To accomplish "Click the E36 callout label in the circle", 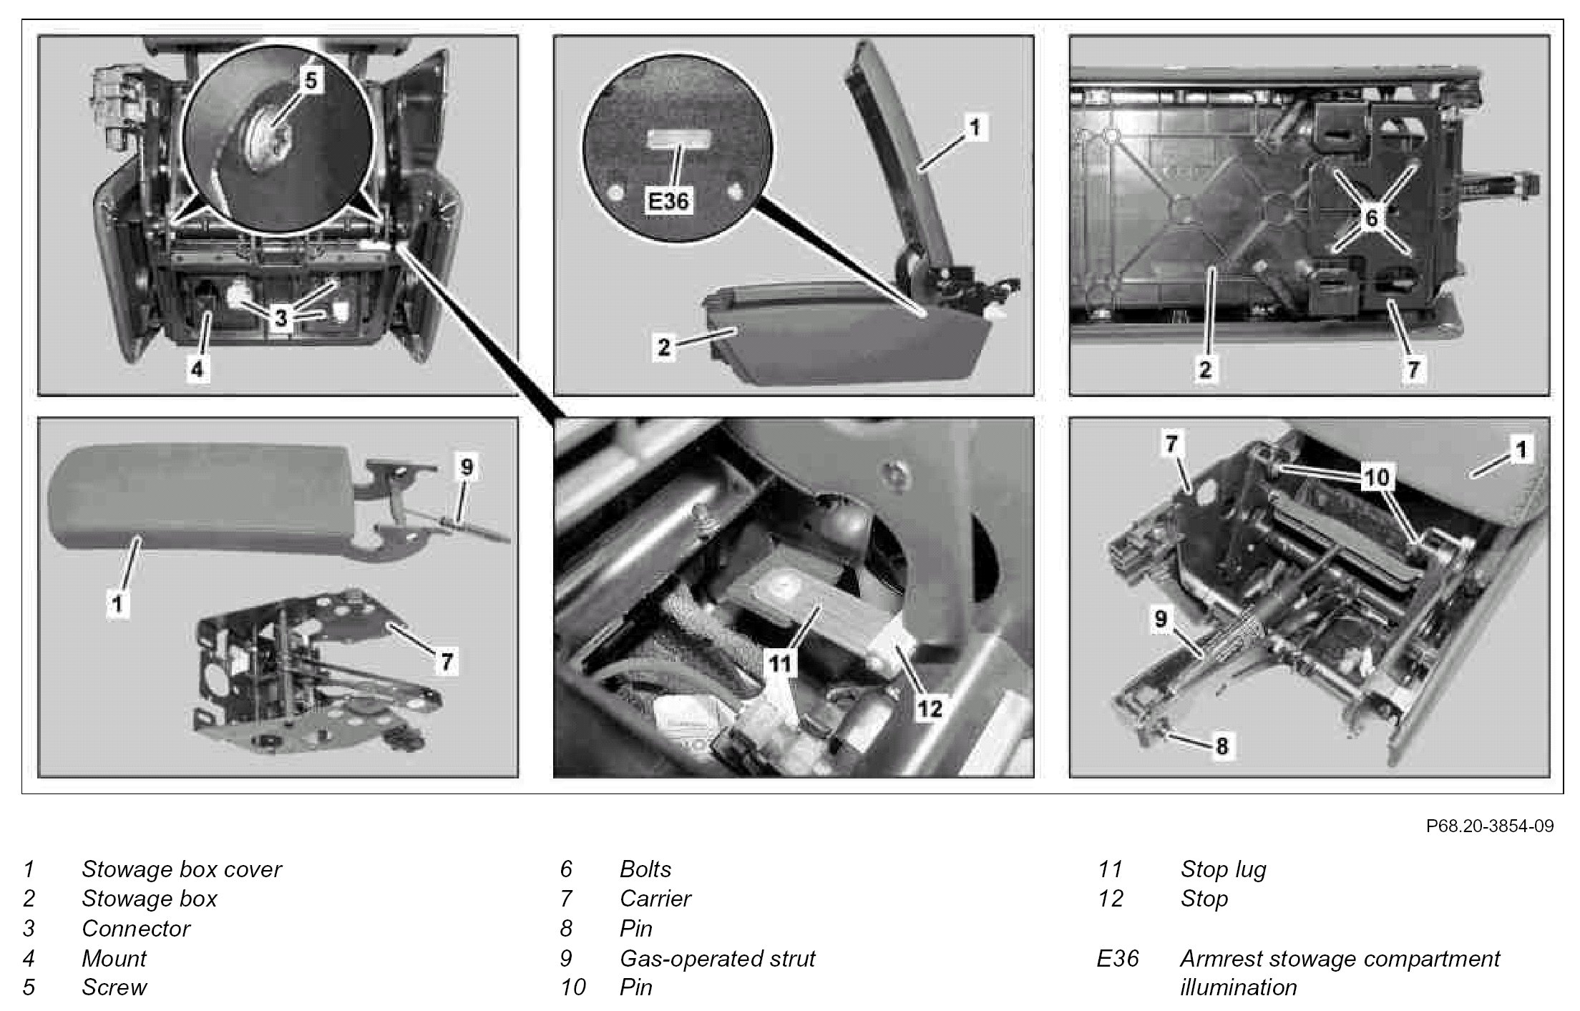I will coord(668,201).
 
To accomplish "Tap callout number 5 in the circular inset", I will coord(311,80).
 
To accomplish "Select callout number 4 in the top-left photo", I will coord(198,369).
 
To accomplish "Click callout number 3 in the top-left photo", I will coord(281,317).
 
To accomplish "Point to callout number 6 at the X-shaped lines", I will coord(1372,217).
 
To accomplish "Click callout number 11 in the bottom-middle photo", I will coord(779,663).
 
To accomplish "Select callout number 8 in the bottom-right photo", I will coord(1222,746).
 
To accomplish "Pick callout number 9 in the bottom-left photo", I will coord(467,468).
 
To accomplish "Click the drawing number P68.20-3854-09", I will coord(1490,826).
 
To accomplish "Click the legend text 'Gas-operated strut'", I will coord(717,958).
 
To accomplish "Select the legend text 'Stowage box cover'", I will coord(181,869).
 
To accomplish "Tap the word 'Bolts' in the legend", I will coord(645,869).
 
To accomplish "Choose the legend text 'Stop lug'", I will coord(1223,869).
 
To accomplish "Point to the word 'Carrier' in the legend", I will coord(655,899).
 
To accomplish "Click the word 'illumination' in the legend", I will coord(1238,987).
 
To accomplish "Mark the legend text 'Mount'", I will coord(114,958).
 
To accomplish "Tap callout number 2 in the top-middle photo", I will coord(664,348).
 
